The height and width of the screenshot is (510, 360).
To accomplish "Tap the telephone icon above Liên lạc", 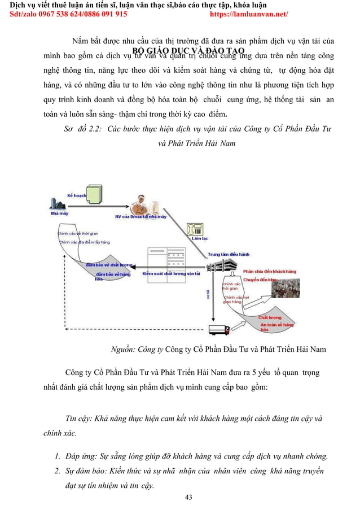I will pyautogui.click(x=197, y=229).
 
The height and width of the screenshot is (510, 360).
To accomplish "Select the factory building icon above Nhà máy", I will pyautogui.click(x=56, y=204).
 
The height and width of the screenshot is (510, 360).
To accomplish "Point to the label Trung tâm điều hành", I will pyautogui.click(x=229, y=255).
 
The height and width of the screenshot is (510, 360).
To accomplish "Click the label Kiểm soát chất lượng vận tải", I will pyautogui.click(x=172, y=274).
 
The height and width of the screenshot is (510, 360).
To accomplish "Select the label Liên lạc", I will pyautogui.click(x=200, y=238).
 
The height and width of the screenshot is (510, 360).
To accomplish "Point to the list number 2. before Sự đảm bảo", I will pyautogui.click(x=58, y=471).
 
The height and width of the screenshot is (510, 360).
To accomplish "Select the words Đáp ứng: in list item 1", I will pyautogui.click(x=80, y=456).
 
